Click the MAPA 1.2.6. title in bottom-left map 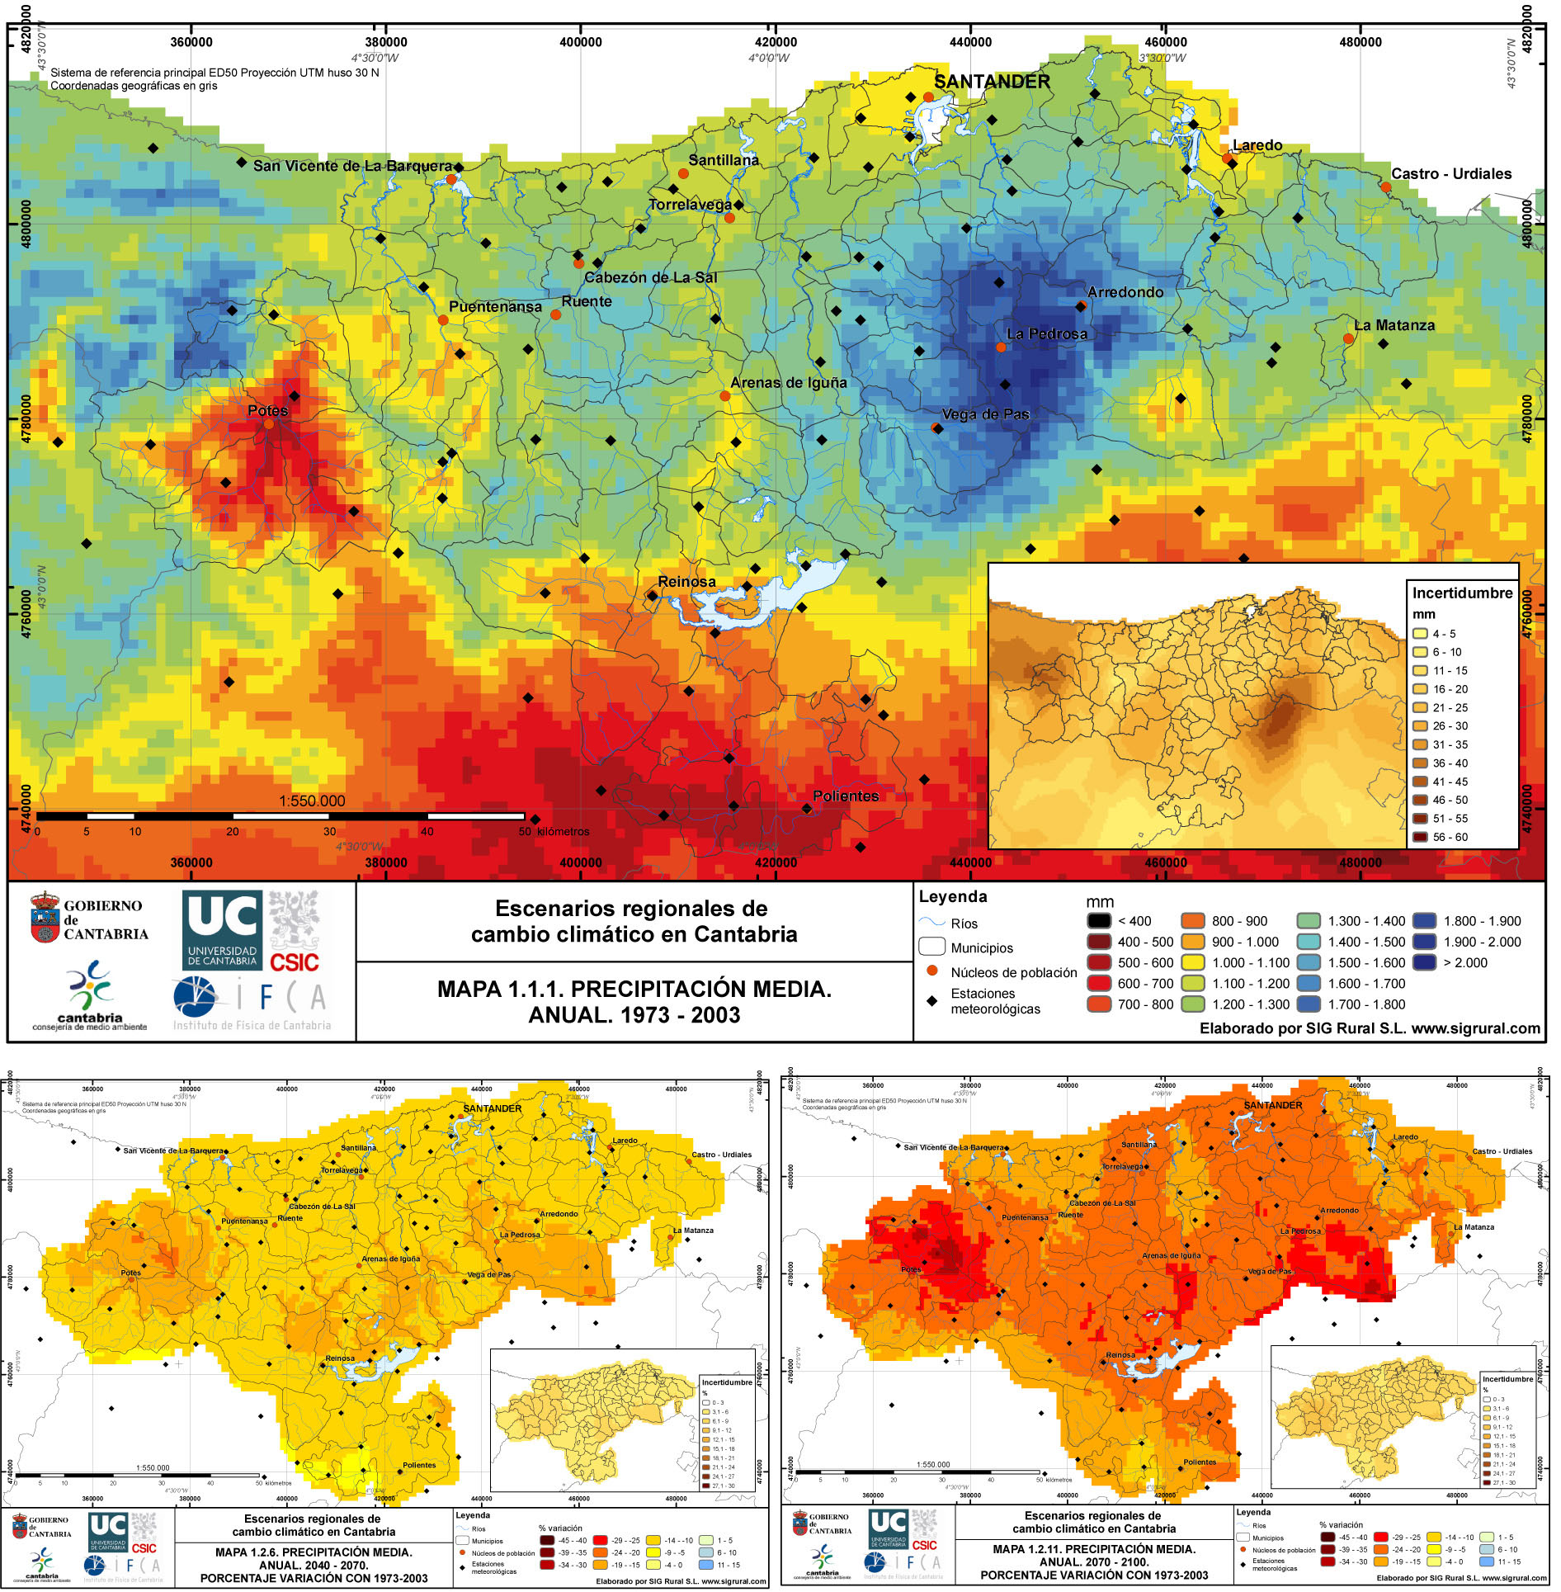tap(315, 1552)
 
